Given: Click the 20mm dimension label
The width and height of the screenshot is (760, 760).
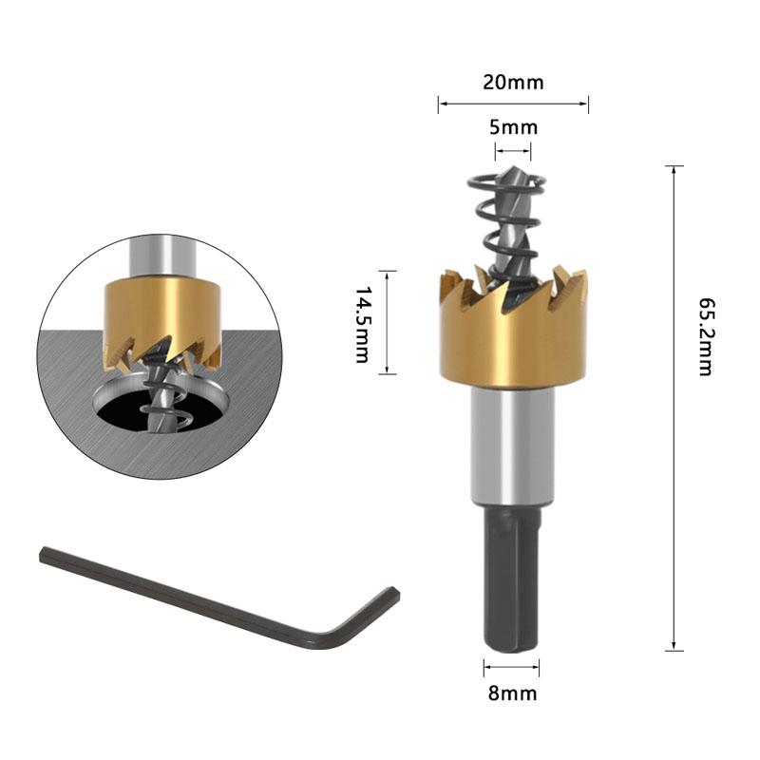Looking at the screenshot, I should point(513,82).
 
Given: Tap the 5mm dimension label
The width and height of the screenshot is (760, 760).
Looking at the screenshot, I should point(513,127).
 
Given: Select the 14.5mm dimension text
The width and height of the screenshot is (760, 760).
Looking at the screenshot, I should point(362,323).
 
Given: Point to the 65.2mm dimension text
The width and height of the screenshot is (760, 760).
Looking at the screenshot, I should point(705,336).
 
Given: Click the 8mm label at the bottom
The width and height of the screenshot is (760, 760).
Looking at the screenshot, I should point(513,693).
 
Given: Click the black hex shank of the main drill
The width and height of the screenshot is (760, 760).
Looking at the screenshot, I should point(513,579).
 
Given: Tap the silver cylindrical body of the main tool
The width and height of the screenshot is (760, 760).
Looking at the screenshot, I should point(513,446).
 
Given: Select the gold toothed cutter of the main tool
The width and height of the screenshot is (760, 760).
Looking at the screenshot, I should point(513,342).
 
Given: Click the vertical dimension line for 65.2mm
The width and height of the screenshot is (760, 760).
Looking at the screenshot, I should point(674,408).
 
